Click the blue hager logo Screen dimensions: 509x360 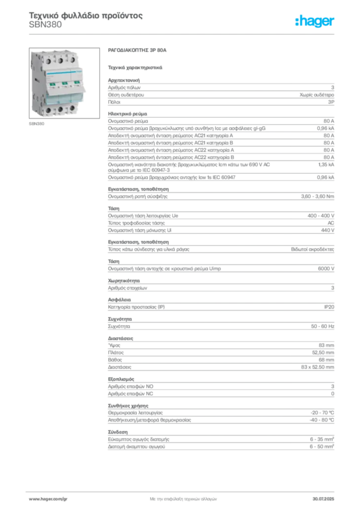316,21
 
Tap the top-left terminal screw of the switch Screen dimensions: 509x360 49,60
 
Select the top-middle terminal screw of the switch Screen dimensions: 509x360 60,60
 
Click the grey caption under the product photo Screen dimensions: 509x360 38,124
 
